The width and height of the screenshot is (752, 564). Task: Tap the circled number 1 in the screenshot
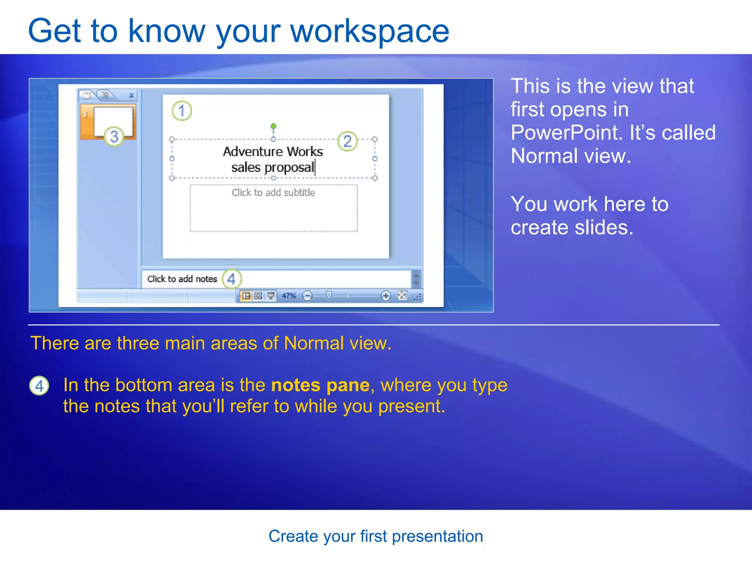click(182, 111)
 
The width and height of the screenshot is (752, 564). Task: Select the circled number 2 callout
click(347, 141)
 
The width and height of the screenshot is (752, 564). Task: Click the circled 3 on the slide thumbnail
click(114, 137)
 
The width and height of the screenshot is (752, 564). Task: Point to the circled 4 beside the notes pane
click(232, 279)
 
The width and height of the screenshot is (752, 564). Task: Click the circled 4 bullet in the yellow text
click(39, 386)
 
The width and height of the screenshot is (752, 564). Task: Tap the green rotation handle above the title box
click(273, 126)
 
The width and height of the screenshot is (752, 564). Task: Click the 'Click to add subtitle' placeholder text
click(273, 193)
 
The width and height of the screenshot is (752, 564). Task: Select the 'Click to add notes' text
click(182, 279)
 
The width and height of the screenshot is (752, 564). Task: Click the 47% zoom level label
click(289, 296)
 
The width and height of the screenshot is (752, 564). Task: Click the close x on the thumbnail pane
click(131, 95)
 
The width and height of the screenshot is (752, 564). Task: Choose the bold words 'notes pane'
click(320, 385)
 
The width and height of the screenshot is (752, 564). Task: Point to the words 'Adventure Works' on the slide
click(273, 152)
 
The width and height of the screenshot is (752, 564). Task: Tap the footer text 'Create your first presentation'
click(376, 536)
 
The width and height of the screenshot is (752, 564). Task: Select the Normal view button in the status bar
click(246, 296)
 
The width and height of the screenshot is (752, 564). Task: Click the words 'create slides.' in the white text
click(572, 228)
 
